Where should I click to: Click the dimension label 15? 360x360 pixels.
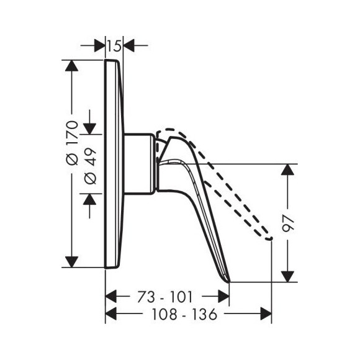(x=114, y=45)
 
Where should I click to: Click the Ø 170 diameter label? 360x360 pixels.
(x=72, y=143)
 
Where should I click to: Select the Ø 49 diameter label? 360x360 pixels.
(x=90, y=166)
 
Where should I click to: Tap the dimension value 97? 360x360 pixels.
(x=288, y=223)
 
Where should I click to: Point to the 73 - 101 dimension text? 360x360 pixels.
(x=165, y=297)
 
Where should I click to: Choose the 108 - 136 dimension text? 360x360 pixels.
(x=184, y=314)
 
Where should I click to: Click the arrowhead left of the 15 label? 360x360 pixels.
(x=100, y=45)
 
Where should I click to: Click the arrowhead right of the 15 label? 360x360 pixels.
(x=129, y=45)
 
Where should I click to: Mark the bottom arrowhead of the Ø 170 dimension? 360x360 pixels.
(x=72, y=262)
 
